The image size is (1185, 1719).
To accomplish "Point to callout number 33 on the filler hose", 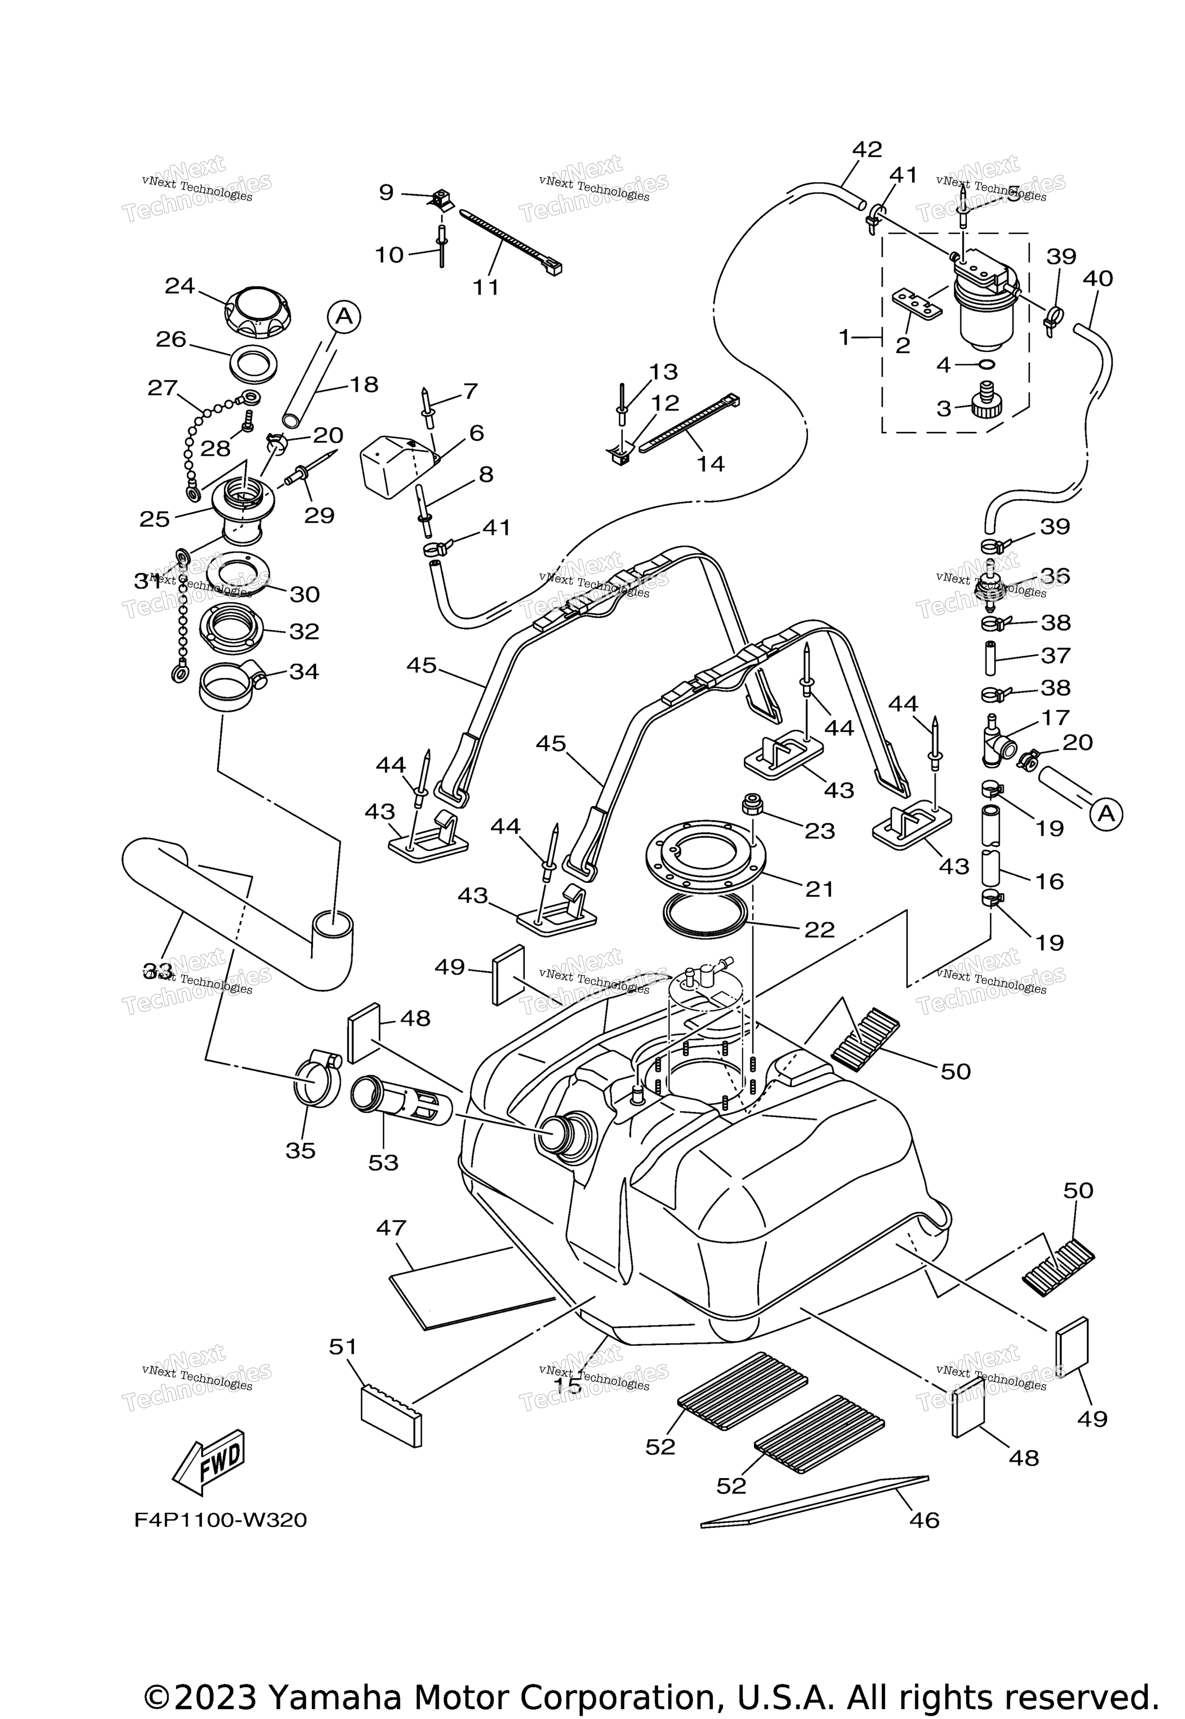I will pos(157,969).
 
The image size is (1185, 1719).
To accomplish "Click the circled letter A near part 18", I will pos(343,317).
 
